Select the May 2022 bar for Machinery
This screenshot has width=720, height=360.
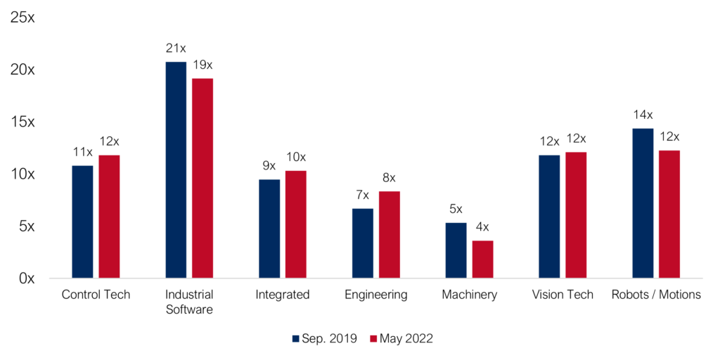[482, 259]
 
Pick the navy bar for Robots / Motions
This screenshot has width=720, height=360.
[643, 203]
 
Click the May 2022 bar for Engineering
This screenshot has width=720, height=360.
[390, 235]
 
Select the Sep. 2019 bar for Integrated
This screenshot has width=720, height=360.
[269, 229]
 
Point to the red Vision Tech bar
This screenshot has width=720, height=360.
[576, 215]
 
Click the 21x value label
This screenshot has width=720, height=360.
[176, 49]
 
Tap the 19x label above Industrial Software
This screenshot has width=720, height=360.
[202, 65]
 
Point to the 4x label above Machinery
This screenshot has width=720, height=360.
[482, 227]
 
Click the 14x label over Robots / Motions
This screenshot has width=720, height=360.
[643, 115]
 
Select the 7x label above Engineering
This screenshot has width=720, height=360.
[363, 195]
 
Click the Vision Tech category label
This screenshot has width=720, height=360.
[562, 295]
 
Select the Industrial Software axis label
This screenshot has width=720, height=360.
[188, 302]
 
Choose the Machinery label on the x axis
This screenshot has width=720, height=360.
[469, 295]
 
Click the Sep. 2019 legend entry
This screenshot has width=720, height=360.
[325, 338]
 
